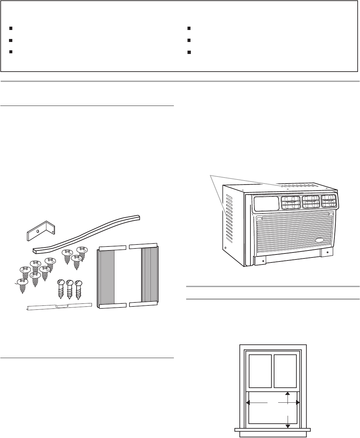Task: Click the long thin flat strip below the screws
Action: (59, 306)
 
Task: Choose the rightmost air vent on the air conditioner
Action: (328, 202)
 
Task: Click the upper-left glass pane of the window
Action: (260, 371)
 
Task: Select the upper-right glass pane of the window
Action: (285, 371)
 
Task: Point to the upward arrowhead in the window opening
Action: (288, 394)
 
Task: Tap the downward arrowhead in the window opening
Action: (288, 425)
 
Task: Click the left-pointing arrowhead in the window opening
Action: (248, 403)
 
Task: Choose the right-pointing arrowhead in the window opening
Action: (298, 403)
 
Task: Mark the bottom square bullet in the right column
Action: (188, 52)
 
